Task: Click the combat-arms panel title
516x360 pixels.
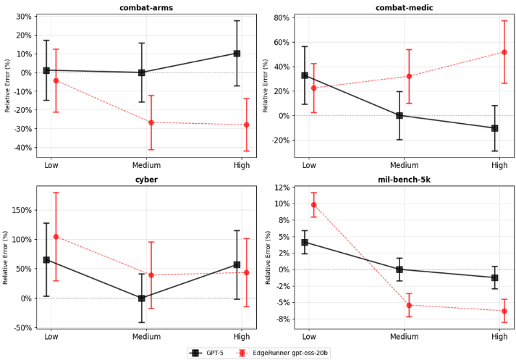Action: [141, 7]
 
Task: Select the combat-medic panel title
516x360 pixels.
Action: [399, 7]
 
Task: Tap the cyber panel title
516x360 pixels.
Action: [141, 180]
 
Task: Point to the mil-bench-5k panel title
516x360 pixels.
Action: [399, 180]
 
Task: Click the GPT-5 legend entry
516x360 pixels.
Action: [205, 353]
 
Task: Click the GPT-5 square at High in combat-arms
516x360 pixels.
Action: [237, 54]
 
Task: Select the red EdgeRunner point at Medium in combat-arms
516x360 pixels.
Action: [151, 122]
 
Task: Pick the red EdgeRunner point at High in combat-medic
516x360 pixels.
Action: [504, 52]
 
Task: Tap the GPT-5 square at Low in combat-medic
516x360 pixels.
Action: [305, 75]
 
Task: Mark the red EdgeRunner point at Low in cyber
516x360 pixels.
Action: [56, 237]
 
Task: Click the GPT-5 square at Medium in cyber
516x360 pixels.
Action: [142, 298]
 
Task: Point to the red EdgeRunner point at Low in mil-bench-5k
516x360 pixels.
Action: [313, 204]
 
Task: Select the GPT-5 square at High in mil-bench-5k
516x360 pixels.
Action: [494, 277]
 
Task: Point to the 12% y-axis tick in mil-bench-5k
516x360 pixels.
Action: [281, 188]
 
